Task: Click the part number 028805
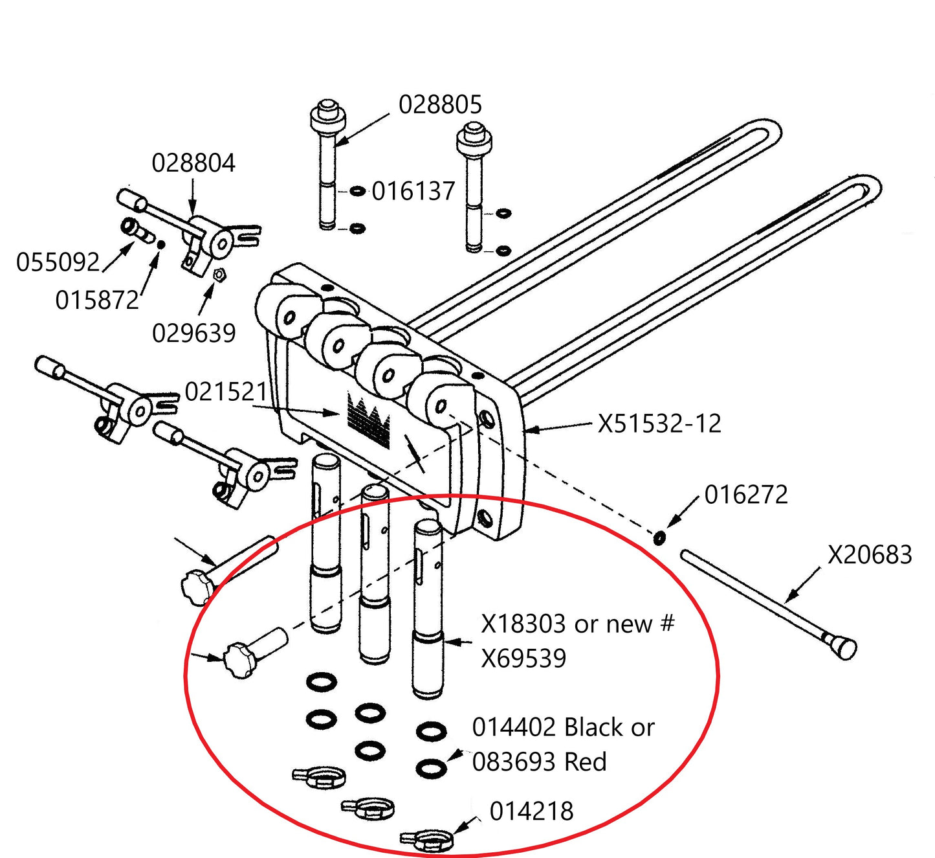click(x=440, y=105)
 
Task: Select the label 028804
click(x=193, y=163)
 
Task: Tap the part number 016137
click(x=413, y=192)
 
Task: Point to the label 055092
click(x=58, y=263)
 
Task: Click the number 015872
click(x=97, y=300)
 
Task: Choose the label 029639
click(x=193, y=333)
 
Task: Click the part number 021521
click(x=226, y=392)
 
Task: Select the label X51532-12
click(x=659, y=424)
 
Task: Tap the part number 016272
click(x=746, y=495)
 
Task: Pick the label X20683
click(x=870, y=555)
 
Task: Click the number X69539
click(x=523, y=659)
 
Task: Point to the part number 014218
click(x=531, y=811)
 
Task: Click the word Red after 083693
click(x=586, y=762)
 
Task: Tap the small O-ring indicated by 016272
click(x=659, y=537)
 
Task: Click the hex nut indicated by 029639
click(x=219, y=275)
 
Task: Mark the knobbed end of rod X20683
click(x=843, y=647)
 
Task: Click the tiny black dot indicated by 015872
click(x=160, y=244)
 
